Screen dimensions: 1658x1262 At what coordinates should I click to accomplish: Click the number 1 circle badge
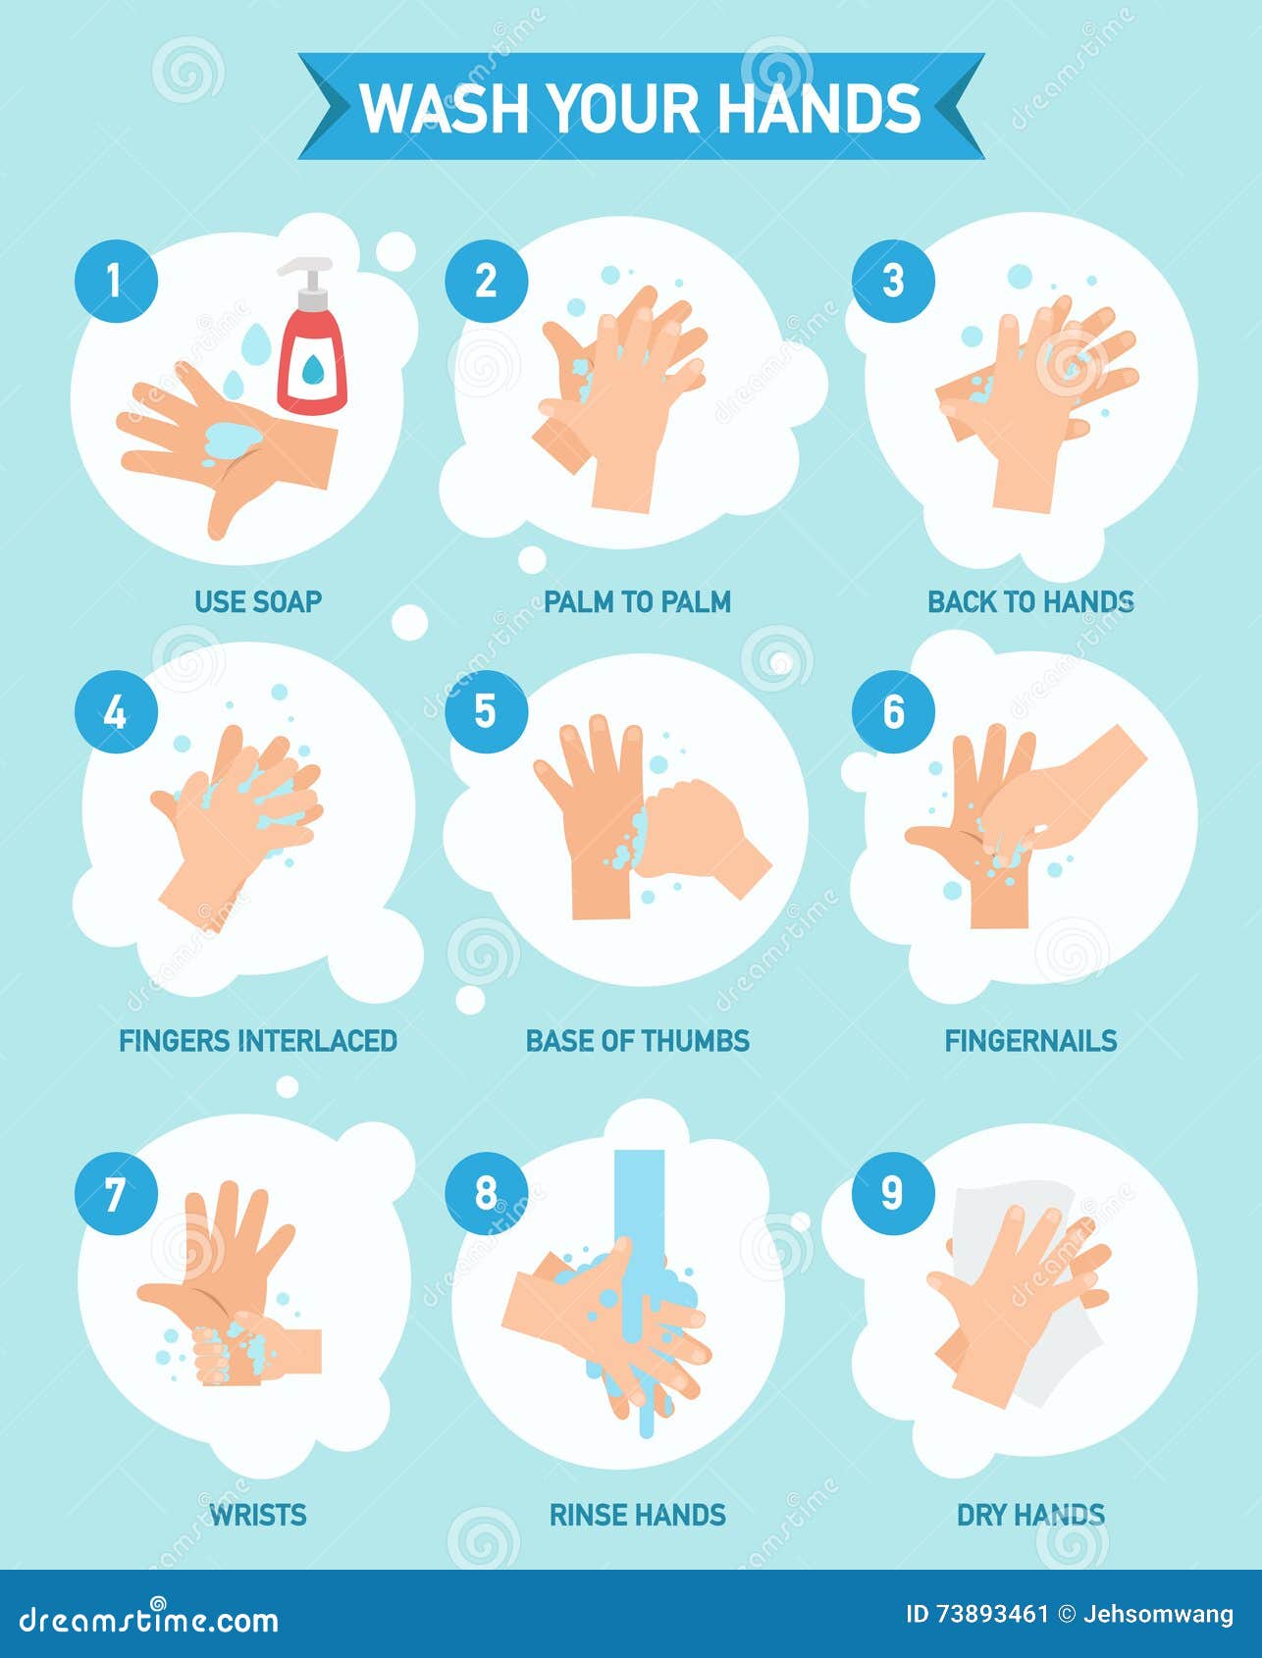click(x=116, y=281)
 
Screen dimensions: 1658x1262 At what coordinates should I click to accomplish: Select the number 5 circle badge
click(x=486, y=711)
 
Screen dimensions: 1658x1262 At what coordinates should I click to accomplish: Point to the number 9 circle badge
click(x=892, y=1193)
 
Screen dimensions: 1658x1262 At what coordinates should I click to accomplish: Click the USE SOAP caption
click(x=258, y=600)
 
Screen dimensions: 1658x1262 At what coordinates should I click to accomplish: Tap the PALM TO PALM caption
click(x=637, y=600)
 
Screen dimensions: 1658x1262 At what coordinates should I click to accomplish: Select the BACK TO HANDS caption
click(x=1030, y=600)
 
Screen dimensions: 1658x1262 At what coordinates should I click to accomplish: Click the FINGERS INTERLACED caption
click(x=258, y=1040)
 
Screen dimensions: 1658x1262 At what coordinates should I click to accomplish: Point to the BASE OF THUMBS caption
click(x=637, y=1040)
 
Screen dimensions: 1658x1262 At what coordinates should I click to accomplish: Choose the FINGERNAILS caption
click(x=1030, y=1040)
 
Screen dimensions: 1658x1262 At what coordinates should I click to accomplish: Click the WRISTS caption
click(x=258, y=1514)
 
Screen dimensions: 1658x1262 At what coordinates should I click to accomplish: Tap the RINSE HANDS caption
click(x=637, y=1514)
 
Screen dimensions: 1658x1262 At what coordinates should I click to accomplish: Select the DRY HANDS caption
click(x=1030, y=1514)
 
